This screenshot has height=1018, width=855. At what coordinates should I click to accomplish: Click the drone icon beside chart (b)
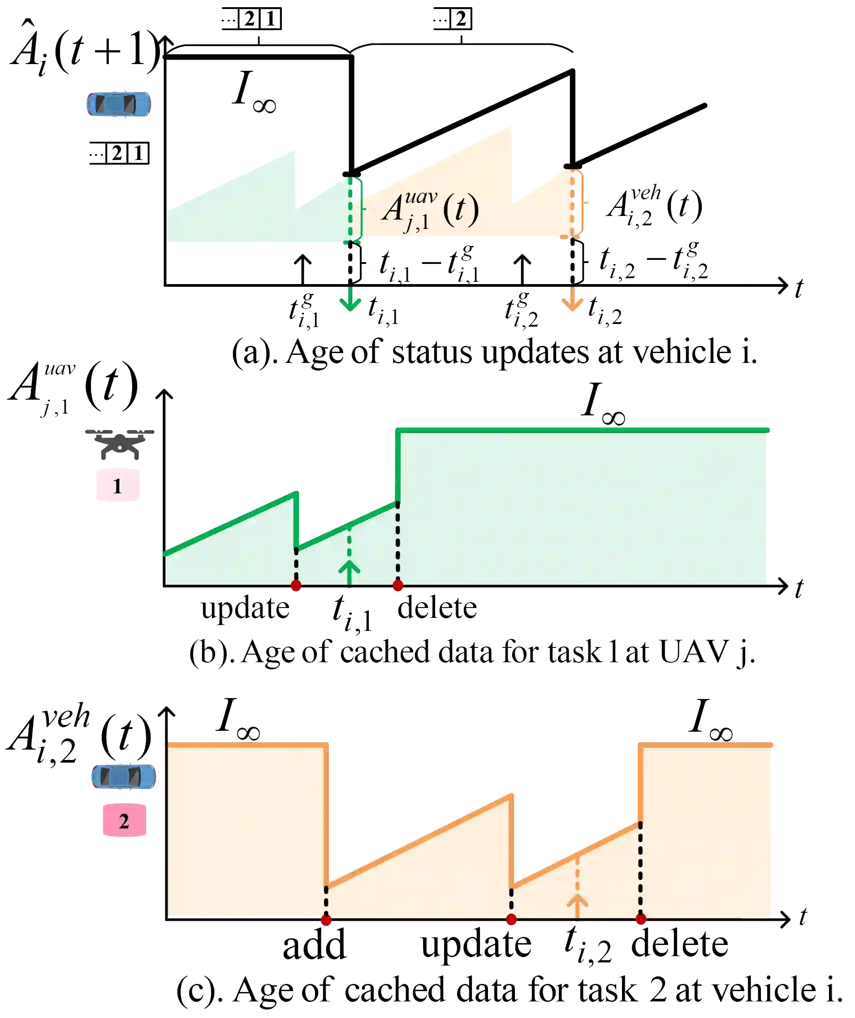119,444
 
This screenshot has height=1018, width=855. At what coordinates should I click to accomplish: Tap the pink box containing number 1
117,485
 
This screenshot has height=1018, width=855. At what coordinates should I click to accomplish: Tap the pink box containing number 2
124,821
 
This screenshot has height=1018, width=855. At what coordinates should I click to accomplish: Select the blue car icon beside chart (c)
124,776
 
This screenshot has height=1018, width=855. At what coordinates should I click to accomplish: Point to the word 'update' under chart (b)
244,608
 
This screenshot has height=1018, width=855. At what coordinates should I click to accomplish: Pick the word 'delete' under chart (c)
679,945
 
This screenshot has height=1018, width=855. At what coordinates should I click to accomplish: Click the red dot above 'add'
326,920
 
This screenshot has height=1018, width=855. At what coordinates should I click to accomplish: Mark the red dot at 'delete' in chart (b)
398,586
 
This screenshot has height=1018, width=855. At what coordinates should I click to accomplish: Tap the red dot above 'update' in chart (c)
511,919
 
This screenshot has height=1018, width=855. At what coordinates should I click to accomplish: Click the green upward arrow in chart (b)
350,572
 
